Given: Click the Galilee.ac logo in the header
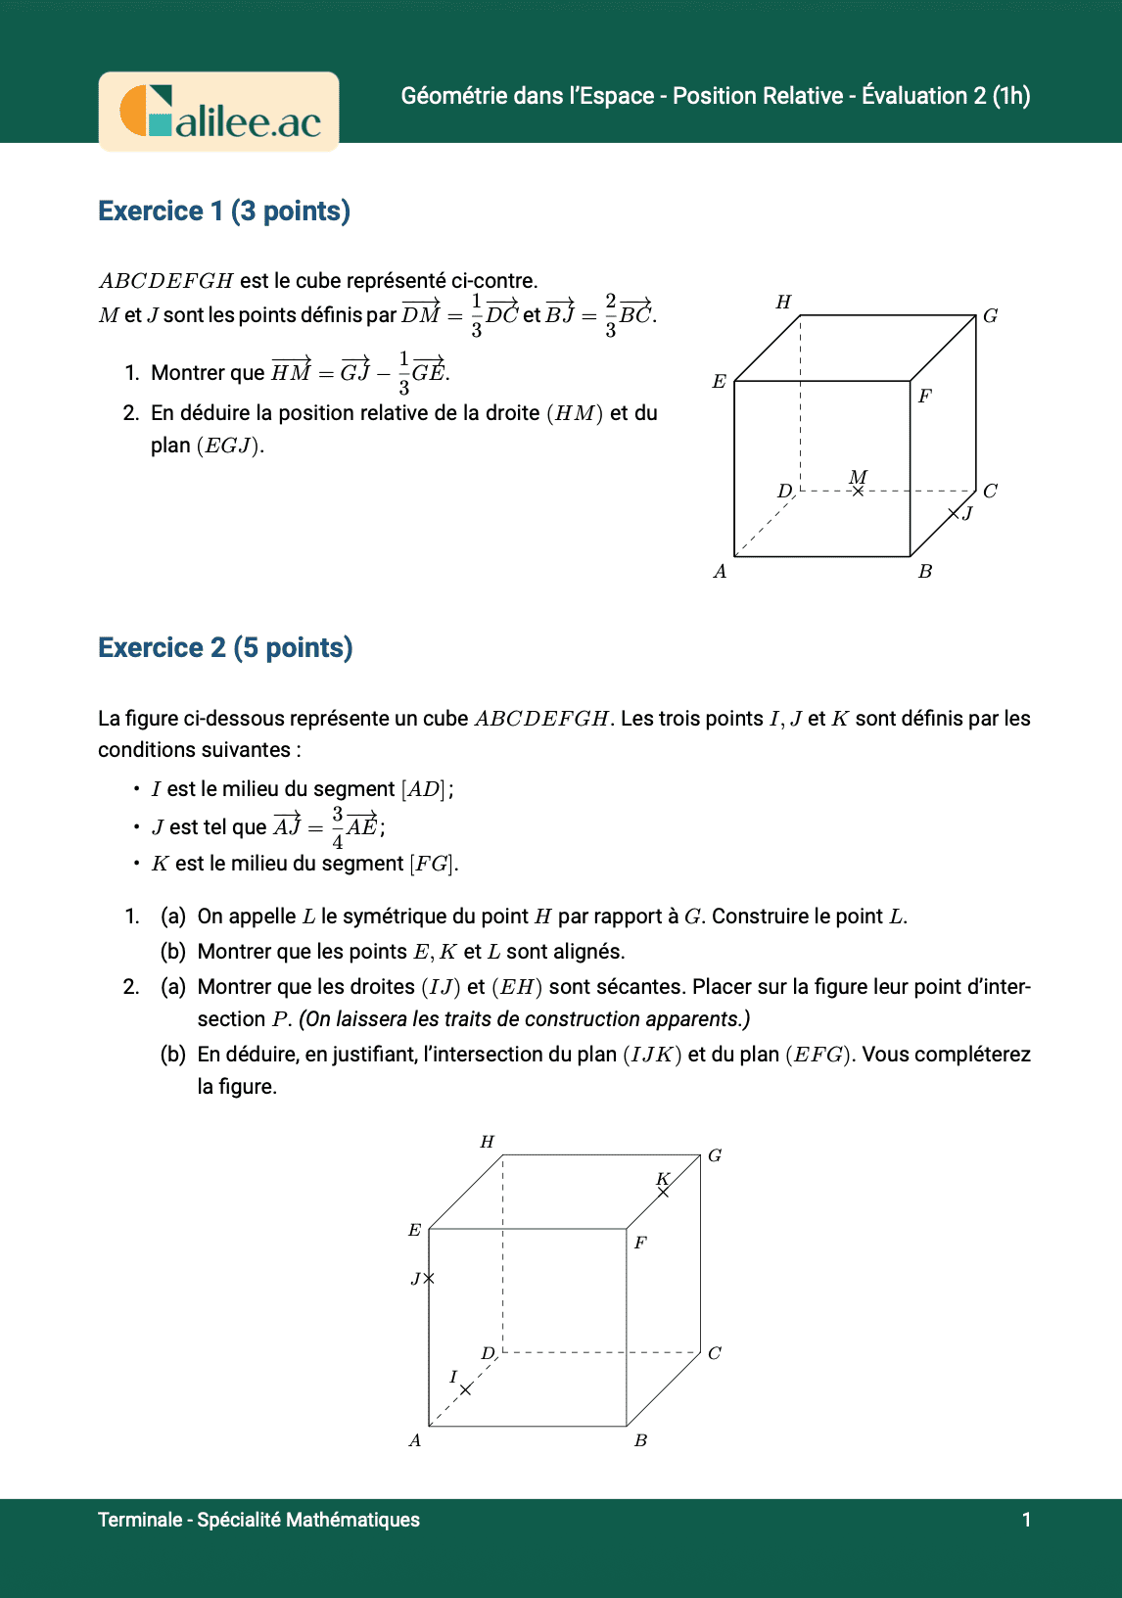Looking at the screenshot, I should (x=219, y=112).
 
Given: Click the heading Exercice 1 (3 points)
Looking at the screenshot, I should (x=224, y=211).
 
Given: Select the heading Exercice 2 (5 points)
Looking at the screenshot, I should (x=225, y=648).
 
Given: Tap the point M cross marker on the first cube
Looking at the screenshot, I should (x=858, y=491).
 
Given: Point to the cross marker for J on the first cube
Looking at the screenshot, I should (x=954, y=513).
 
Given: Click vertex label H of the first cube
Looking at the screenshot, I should (x=783, y=303).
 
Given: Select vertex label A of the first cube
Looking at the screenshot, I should (x=720, y=572).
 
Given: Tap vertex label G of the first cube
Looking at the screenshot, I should (x=990, y=316).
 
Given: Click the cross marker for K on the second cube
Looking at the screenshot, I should (x=664, y=1192).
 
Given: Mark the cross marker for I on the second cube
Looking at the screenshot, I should (x=466, y=1389).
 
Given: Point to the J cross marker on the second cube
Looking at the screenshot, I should (x=429, y=1278).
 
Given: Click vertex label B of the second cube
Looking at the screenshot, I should (x=640, y=1440).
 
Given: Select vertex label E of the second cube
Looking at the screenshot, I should (x=414, y=1231).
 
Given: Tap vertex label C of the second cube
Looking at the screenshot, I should (x=715, y=1353).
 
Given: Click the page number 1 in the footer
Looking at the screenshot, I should (x=1026, y=1520).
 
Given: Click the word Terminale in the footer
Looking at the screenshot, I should (x=140, y=1520).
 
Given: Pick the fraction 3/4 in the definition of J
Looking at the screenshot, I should (x=338, y=827).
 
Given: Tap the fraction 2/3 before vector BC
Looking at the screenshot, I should (x=611, y=315).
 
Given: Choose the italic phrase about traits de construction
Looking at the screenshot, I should (x=524, y=1019).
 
